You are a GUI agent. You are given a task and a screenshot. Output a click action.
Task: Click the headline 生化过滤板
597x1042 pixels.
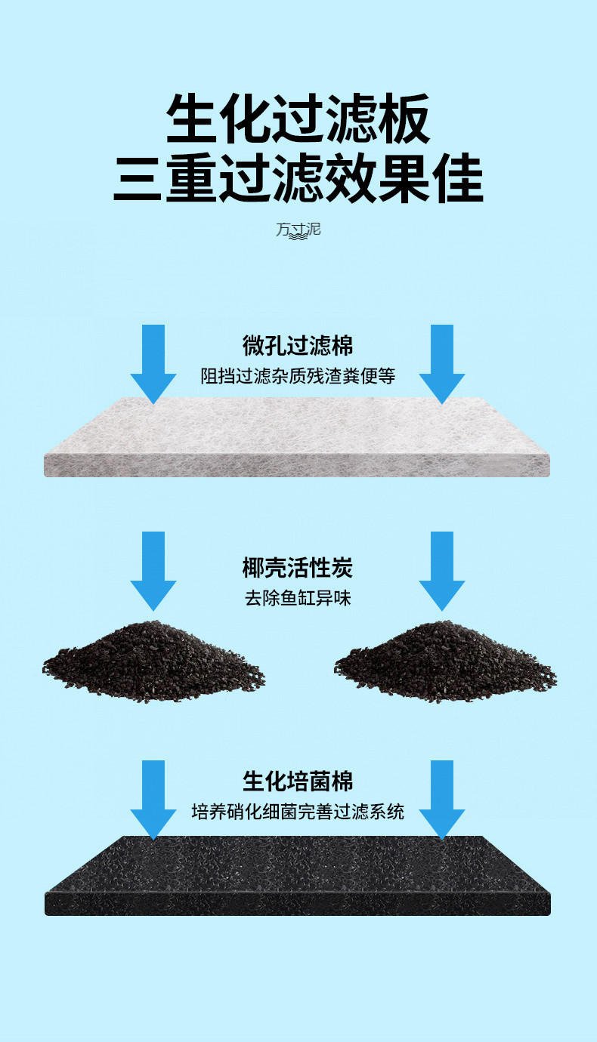coord(298,119)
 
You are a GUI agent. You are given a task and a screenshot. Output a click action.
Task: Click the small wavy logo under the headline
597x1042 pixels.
coord(298,229)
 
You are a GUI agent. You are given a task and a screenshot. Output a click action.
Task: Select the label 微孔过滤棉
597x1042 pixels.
coord(298,346)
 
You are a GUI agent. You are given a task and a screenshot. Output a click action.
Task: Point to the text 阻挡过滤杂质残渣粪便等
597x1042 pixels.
coord(298,375)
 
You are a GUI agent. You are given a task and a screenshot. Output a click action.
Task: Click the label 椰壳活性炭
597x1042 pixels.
coord(298,568)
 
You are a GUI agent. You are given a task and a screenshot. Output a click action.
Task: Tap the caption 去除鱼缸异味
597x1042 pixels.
coord(298,599)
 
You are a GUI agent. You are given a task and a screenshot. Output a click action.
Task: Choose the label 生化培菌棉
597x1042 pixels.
coord(298,781)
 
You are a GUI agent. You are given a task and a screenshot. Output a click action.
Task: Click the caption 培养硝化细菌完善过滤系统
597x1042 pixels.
coord(298,812)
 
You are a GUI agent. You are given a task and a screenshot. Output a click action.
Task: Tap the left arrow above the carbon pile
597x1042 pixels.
coord(153,571)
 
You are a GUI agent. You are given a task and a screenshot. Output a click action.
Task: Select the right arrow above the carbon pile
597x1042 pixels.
coord(442,571)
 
